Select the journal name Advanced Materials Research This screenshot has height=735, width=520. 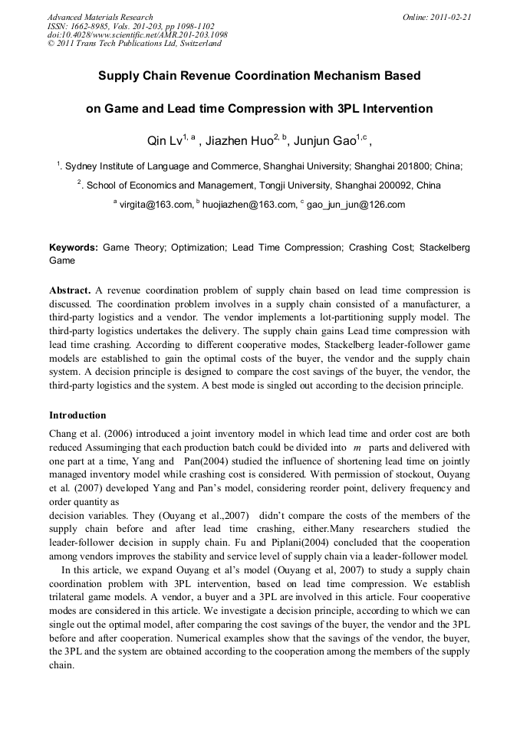click(x=100, y=17)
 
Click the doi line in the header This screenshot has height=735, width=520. click(x=137, y=34)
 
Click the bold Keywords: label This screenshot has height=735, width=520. click(x=74, y=248)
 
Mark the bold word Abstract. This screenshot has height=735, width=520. click(x=71, y=290)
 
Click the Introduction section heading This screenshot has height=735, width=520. click(x=77, y=415)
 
